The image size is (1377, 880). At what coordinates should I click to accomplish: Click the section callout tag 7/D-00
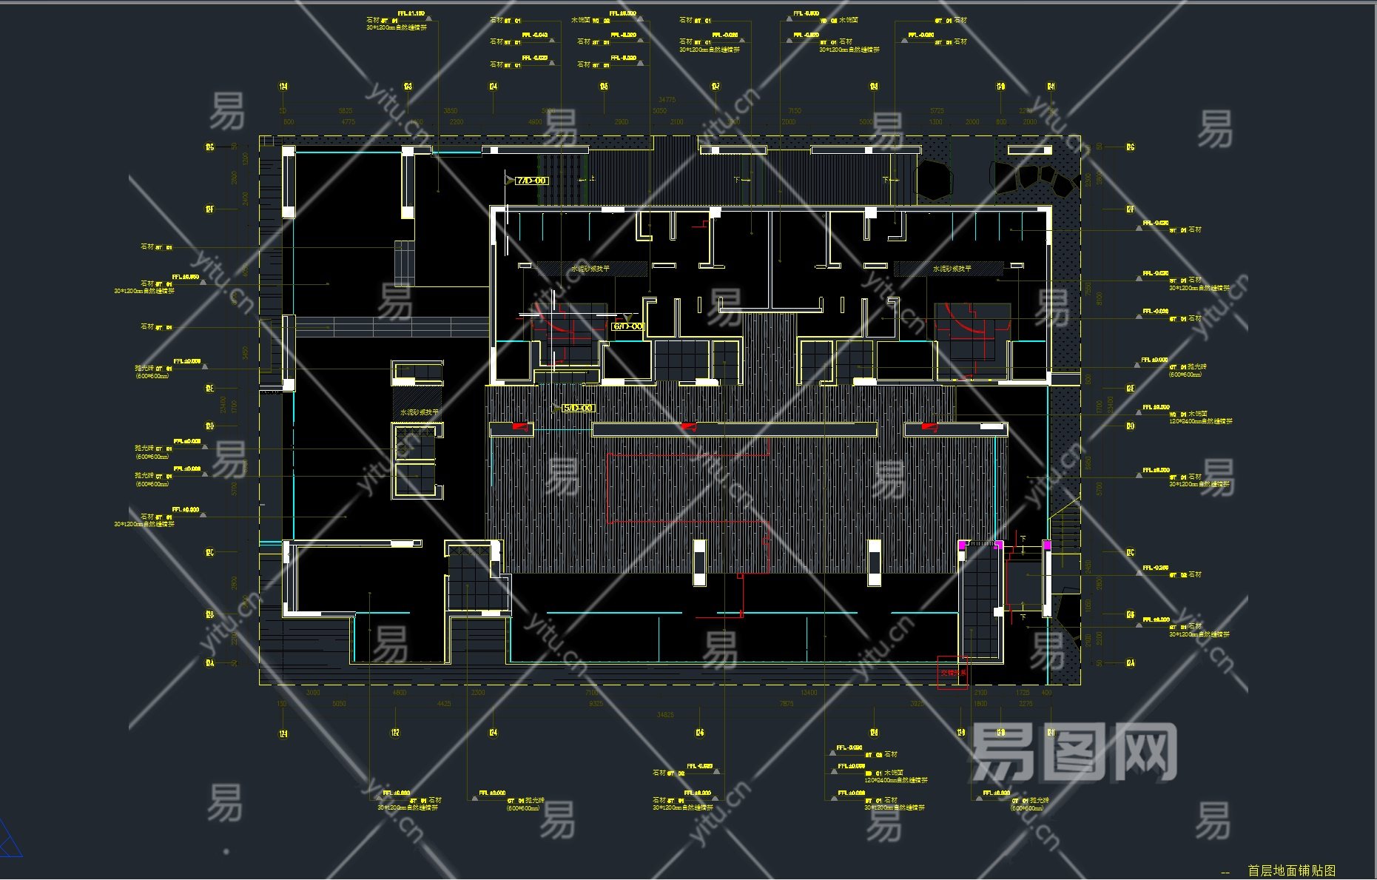(x=531, y=181)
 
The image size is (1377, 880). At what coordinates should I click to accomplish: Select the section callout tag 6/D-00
(x=628, y=326)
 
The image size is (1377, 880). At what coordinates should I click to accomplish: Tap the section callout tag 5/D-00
(x=578, y=408)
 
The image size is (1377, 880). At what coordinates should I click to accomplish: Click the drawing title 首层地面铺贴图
(x=1291, y=870)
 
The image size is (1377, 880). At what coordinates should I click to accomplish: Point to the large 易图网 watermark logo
(x=1073, y=753)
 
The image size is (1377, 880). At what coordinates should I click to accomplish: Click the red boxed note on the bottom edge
(x=953, y=673)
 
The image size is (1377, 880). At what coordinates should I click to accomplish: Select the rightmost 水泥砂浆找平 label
(x=952, y=269)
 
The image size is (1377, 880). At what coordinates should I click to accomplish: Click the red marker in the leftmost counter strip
(x=522, y=428)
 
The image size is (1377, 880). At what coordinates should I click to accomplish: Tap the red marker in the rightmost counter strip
(x=929, y=427)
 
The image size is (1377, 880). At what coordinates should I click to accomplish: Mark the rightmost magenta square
(x=1047, y=545)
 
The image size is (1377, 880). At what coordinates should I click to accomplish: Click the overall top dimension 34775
(x=667, y=99)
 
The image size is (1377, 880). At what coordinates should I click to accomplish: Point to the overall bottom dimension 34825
(x=665, y=715)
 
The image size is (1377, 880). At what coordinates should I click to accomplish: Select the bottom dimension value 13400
(x=809, y=693)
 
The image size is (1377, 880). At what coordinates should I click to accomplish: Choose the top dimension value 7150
(x=795, y=111)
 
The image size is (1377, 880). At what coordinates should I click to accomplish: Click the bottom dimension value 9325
(x=596, y=704)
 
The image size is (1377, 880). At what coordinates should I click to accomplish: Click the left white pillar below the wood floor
(x=699, y=562)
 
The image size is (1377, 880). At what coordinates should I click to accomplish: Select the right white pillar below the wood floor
(x=874, y=562)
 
